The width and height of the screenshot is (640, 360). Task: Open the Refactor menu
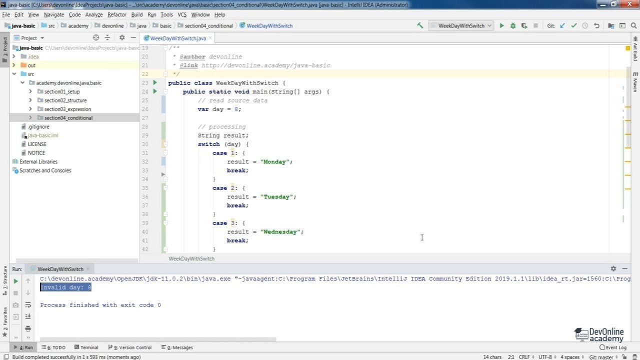[117, 14]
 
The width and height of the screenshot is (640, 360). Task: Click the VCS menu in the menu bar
[181, 14]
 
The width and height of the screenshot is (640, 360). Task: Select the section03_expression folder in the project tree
[67, 109]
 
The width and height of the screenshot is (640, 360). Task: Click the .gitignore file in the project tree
[38, 126]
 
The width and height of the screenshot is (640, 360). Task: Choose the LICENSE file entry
[37, 144]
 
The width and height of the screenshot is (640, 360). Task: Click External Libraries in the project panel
[38, 161]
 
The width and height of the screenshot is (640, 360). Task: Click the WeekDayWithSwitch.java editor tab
[178, 38]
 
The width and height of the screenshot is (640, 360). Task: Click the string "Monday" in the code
[274, 161]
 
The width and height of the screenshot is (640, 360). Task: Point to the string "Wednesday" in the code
[280, 231]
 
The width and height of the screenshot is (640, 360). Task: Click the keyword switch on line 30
[208, 144]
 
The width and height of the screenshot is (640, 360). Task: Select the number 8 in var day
[236, 109]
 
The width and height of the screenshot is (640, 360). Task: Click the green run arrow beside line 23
[155, 82]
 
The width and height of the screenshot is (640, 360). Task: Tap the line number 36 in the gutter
[145, 197]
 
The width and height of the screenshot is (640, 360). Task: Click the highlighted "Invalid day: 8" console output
[65, 287]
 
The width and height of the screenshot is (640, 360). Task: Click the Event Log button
[613, 347]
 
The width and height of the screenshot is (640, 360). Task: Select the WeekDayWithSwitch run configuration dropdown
[461, 25]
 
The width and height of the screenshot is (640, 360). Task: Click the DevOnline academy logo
[599, 334]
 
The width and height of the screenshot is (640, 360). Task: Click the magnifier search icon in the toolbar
[633, 25]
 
